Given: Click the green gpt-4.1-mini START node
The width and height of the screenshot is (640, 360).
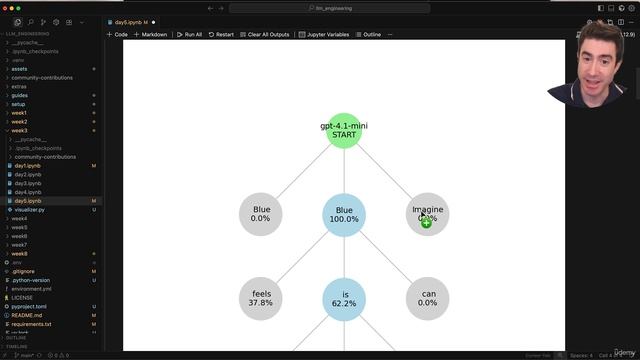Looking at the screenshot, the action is coord(344,130).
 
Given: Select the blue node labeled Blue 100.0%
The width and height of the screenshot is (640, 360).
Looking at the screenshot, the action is coord(344,214).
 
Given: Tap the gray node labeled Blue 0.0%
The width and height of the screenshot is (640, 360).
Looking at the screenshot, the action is coord(261,214).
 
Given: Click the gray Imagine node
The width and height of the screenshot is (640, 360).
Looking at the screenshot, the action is coord(427,214).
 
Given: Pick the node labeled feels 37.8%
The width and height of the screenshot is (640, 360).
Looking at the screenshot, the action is coord(261,298).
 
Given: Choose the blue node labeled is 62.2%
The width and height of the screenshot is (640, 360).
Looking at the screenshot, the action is coord(344,298).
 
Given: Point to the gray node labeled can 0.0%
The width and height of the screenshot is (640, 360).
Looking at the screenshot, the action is coord(427,298).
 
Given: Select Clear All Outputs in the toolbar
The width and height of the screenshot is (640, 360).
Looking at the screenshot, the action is coord(265,34).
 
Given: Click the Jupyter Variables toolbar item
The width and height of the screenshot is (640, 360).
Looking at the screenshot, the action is coord(326,34).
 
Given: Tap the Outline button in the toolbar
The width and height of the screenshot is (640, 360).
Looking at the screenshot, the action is coord(370,34).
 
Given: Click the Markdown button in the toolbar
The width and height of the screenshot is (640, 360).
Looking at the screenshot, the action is coord(151,34).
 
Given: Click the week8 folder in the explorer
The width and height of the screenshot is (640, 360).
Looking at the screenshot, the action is coord(19,254).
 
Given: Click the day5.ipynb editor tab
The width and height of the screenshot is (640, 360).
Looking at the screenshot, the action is coord(131,21).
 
